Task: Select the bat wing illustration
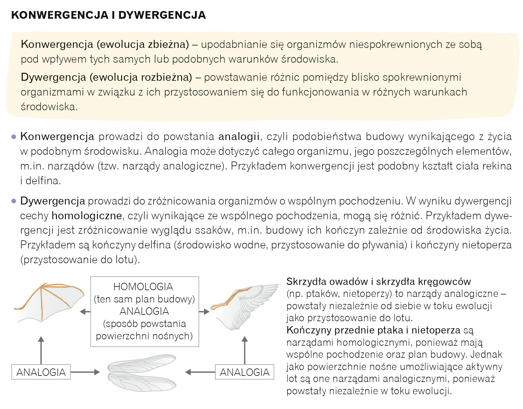click(x=49, y=302)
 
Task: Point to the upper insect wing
click(x=142, y=363)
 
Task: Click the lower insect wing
click(x=142, y=382)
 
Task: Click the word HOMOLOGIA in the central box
click(x=143, y=287)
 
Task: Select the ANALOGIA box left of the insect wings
click(x=41, y=372)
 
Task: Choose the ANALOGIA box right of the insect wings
click(x=244, y=372)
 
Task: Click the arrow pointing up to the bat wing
click(x=41, y=350)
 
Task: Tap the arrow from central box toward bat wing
click(x=85, y=312)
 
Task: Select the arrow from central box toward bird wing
click(x=204, y=312)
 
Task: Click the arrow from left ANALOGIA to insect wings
click(x=85, y=372)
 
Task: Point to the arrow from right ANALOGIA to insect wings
click(x=200, y=372)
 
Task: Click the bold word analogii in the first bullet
click(x=239, y=137)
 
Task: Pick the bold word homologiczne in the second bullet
click(x=87, y=216)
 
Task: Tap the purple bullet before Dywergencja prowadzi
click(x=14, y=201)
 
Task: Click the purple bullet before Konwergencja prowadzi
click(x=14, y=137)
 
